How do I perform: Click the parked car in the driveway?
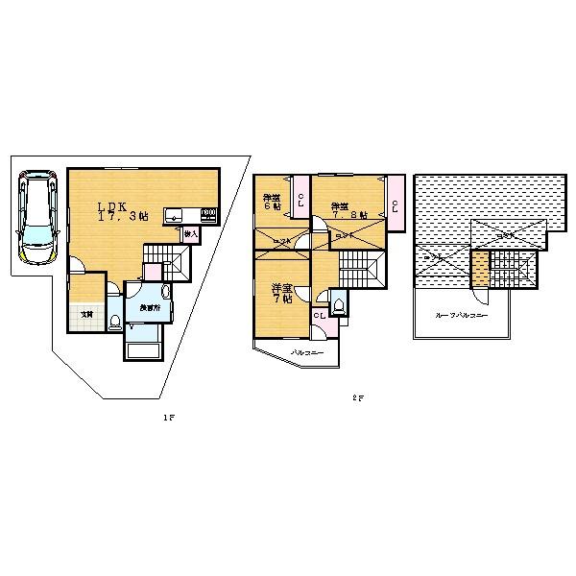pos(36,219)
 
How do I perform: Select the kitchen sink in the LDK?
pos(176,215)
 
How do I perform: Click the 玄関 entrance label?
pos(85,313)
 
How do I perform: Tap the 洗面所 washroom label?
pos(149,308)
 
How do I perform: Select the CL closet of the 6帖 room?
pos(300,200)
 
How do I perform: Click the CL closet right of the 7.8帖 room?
pos(396,203)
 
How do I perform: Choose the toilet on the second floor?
pos(337,307)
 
